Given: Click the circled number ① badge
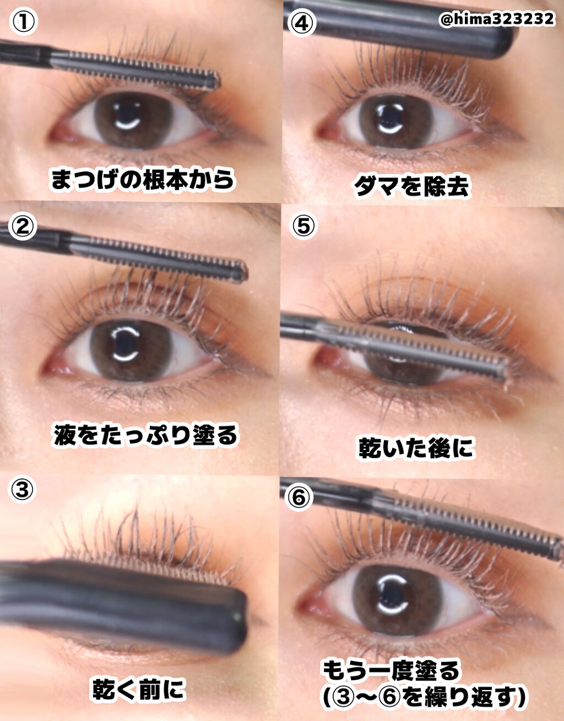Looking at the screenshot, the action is click(x=23, y=21).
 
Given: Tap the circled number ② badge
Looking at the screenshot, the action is click(x=23, y=227).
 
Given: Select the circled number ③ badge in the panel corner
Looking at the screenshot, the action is click(x=22, y=489).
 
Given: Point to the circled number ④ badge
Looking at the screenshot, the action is click(x=301, y=23).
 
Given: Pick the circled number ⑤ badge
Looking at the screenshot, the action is click(x=303, y=225).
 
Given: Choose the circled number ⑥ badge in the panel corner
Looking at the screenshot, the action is click(x=299, y=496).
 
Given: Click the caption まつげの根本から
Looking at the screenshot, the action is click(x=143, y=179).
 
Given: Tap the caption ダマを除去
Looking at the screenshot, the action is click(x=412, y=186).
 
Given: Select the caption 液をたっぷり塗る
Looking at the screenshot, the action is click(x=145, y=435).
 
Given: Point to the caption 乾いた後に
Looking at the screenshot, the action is click(x=416, y=448).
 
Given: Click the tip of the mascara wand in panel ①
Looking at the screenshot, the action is click(x=217, y=80).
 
